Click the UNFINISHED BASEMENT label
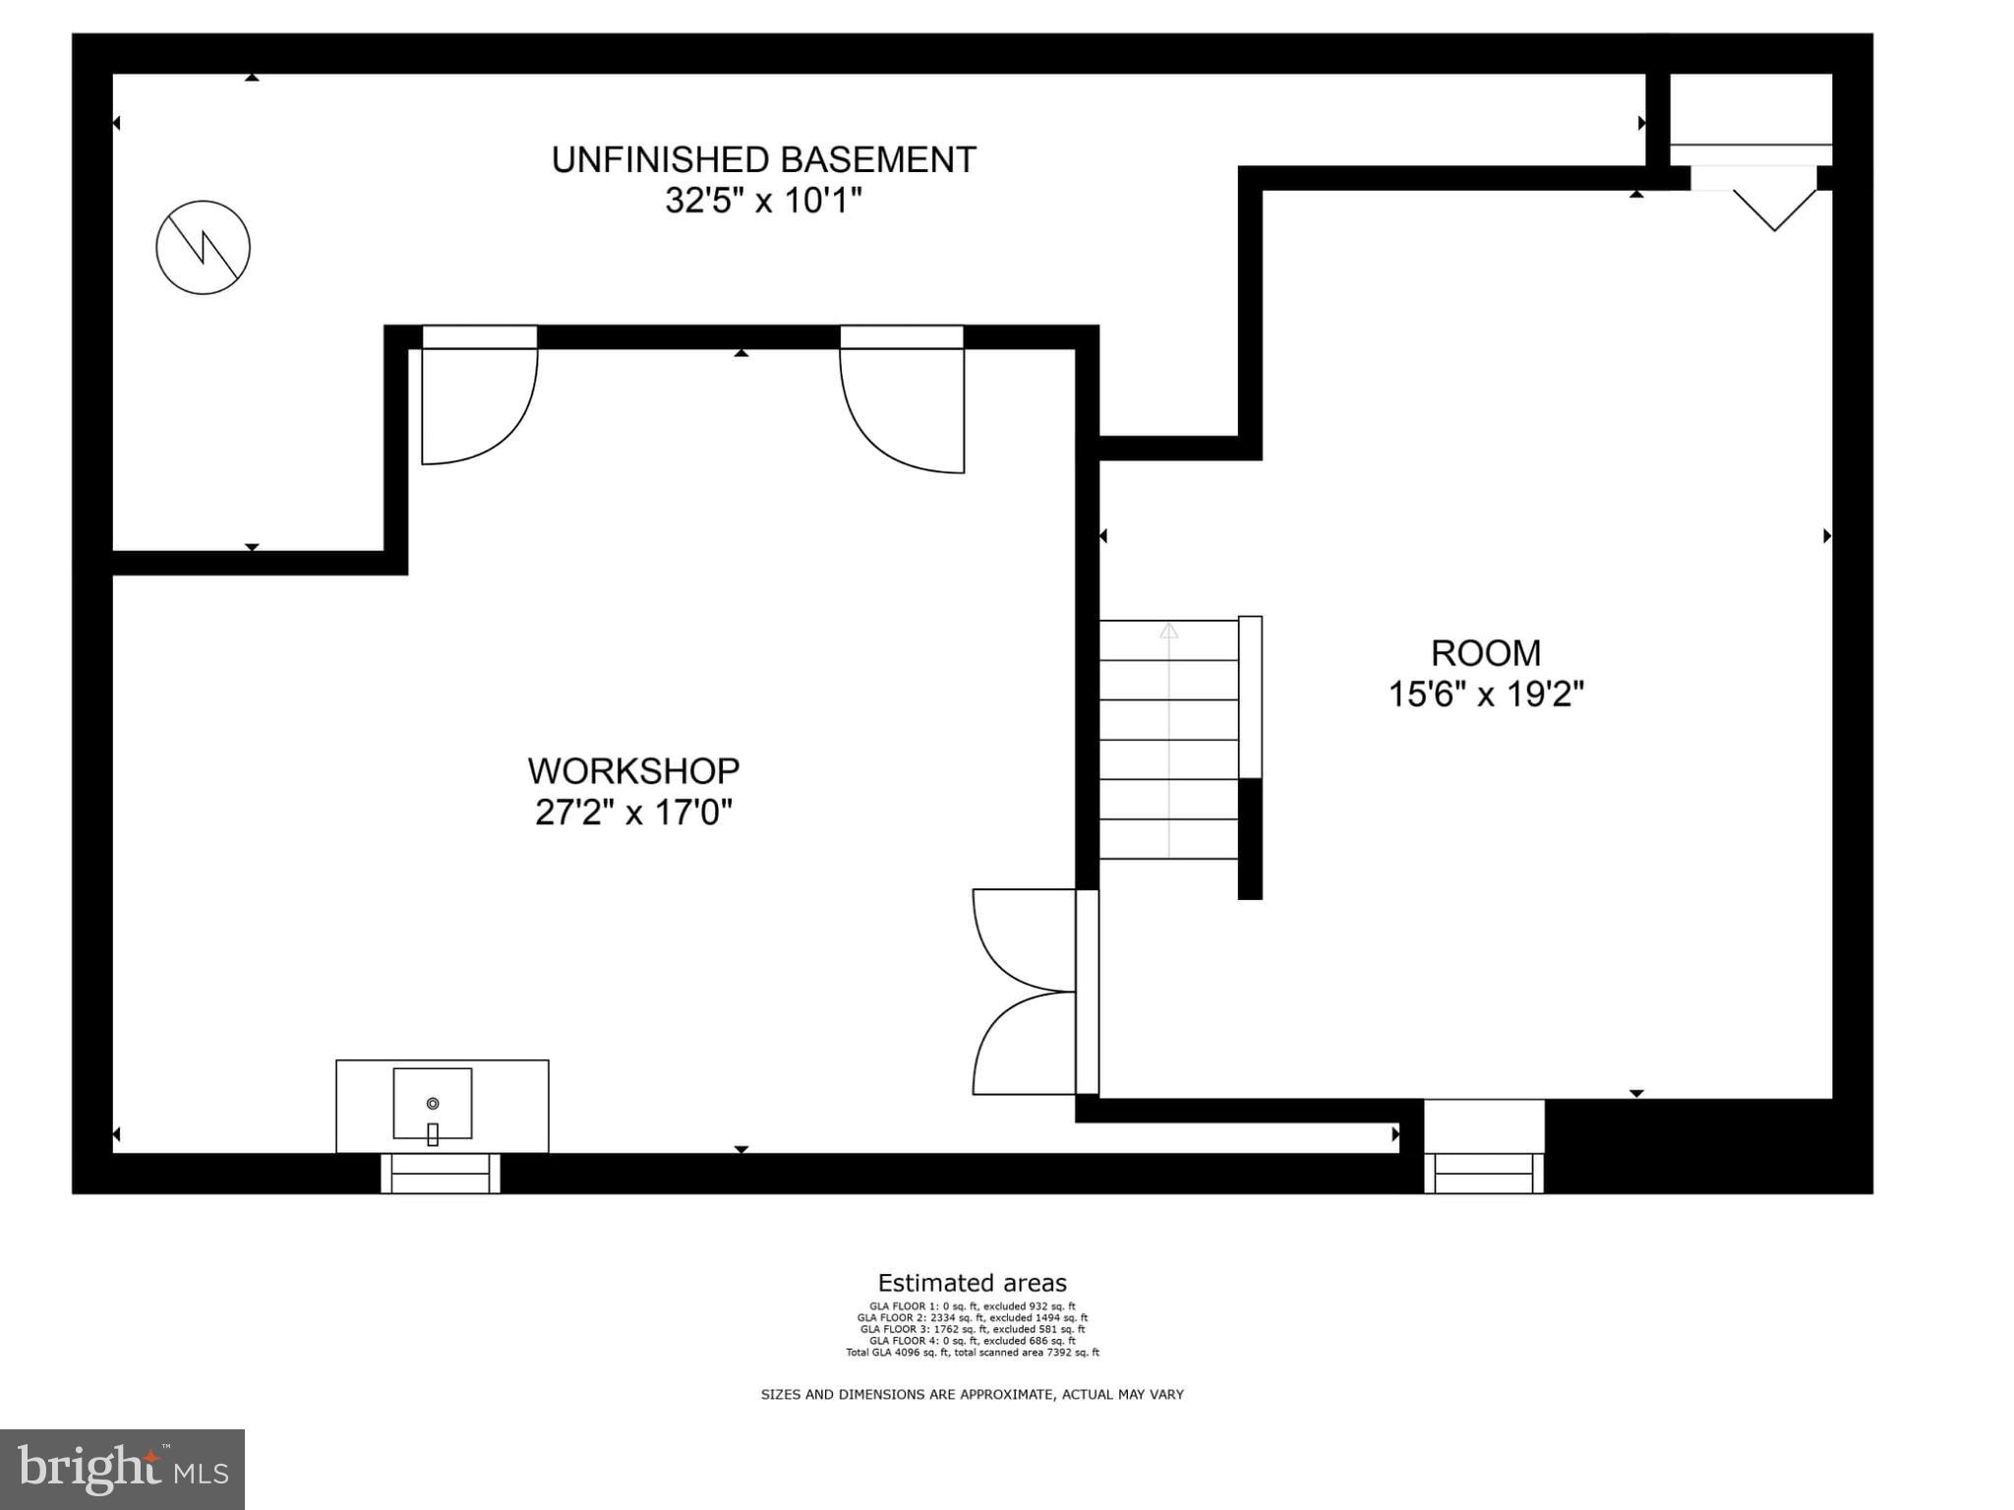click(x=763, y=159)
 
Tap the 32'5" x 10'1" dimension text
click(x=763, y=201)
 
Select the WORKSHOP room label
click(x=633, y=770)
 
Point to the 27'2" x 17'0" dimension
click(x=633, y=813)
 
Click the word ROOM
click(x=1485, y=653)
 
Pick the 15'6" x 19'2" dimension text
click(x=1485, y=695)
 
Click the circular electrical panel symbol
click(x=203, y=247)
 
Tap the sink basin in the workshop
click(x=433, y=1104)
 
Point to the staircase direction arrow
click(x=1168, y=632)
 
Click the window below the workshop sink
click(x=441, y=1174)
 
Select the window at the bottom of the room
click(x=1484, y=1174)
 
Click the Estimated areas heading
click(x=972, y=1283)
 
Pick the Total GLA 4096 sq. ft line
click(x=972, y=1353)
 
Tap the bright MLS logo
click(x=122, y=1469)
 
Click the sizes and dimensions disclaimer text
click(x=972, y=1394)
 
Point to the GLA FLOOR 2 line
click(x=972, y=1318)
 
